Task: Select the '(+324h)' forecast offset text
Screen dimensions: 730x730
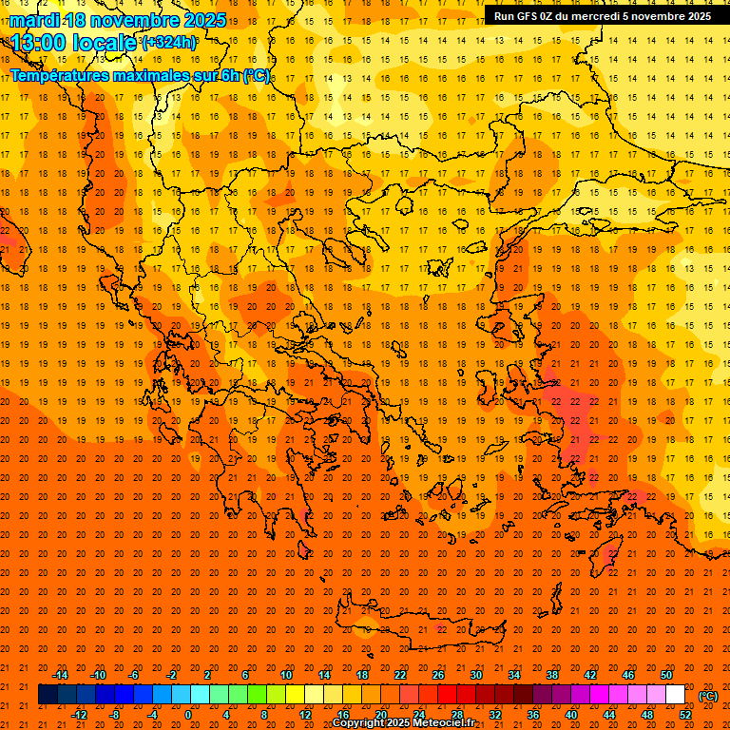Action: click(x=169, y=42)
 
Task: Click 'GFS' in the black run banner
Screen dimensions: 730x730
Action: click(x=528, y=15)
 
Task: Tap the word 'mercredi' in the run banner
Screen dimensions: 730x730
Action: click(x=595, y=15)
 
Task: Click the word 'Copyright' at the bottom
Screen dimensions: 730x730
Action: click(x=361, y=723)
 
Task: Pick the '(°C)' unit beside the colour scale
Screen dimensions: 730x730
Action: click(x=708, y=696)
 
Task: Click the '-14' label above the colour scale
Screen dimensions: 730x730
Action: click(x=60, y=675)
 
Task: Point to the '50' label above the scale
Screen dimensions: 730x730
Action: click(x=666, y=675)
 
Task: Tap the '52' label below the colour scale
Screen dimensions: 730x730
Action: click(x=685, y=715)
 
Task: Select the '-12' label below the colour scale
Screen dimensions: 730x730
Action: click(x=79, y=715)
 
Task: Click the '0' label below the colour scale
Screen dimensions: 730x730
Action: click(x=188, y=715)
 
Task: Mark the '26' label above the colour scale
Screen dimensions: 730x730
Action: click(x=437, y=675)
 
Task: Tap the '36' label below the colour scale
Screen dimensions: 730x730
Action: click(x=533, y=715)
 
